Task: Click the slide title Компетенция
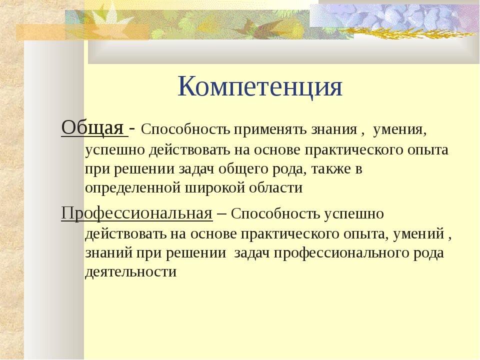point(260,86)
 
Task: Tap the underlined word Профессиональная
point(137,213)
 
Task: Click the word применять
point(270,130)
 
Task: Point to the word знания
point(334,130)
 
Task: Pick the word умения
point(399,130)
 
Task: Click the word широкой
point(215,187)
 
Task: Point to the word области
point(276,187)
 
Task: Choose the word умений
point(418,234)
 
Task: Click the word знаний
point(108,253)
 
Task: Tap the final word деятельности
point(130,272)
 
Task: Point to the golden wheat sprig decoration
point(398,32)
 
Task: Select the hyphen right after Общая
point(132,129)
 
